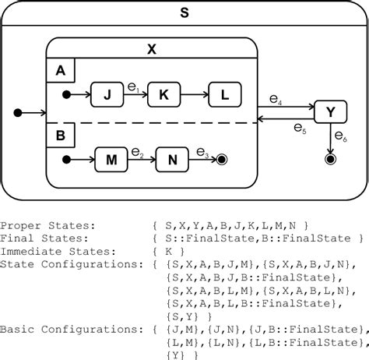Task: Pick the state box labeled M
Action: pos(111,161)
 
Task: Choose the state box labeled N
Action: pos(171,161)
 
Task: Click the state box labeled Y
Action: pos(331,112)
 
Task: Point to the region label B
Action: pos(60,133)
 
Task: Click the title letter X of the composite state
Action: pos(152,48)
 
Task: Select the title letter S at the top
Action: pos(184,12)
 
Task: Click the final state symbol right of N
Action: pos(222,161)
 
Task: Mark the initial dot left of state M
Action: pos(68,161)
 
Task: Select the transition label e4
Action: pos(276,99)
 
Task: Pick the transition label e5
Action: pos(299,129)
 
